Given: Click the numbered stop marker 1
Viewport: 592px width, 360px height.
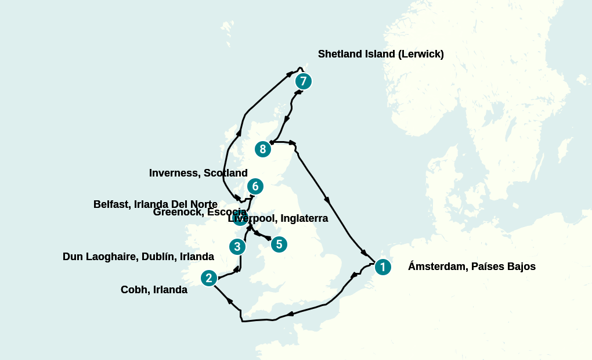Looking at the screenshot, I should (382, 267).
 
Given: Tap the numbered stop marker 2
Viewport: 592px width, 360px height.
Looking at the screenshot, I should (209, 278).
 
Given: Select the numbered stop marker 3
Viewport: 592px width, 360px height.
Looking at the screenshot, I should (237, 247).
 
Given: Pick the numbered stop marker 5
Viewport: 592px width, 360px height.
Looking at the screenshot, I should (279, 244).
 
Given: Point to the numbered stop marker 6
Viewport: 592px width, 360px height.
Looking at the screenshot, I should (255, 186).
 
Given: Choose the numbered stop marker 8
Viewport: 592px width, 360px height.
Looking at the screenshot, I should (263, 149).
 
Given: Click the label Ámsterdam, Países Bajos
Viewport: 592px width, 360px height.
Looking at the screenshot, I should (471, 267).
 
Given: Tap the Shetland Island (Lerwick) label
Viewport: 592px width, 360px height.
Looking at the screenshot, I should (381, 54).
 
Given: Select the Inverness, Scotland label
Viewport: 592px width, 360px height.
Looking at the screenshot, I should (198, 173).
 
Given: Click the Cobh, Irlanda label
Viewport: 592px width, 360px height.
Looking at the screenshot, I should (154, 290).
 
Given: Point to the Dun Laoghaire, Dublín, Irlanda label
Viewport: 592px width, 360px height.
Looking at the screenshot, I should (138, 257).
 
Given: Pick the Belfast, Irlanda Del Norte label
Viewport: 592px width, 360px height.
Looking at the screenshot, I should (155, 204).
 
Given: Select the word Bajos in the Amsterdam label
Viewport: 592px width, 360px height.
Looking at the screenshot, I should (520, 267).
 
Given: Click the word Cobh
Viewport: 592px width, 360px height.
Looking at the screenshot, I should (133, 290).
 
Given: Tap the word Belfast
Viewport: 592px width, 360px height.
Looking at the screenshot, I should (111, 204).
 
